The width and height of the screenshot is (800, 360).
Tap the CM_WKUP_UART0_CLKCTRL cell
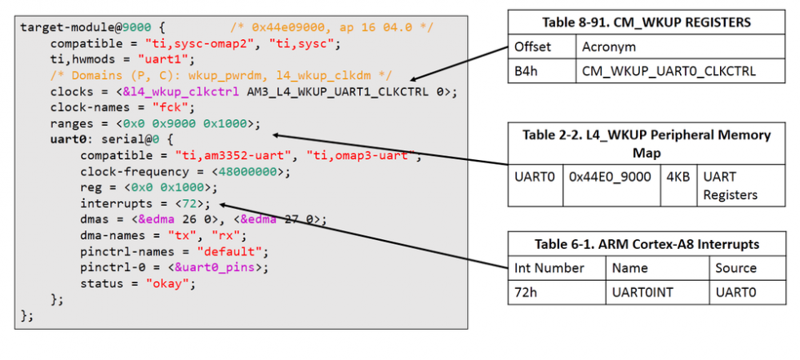[x=669, y=71]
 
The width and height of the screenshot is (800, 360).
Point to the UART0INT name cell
[x=644, y=291]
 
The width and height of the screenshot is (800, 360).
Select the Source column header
[x=736, y=268]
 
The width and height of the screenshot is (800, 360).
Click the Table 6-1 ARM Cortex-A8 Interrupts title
[x=647, y=243]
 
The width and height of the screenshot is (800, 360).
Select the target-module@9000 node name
[x=72, y=27]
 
